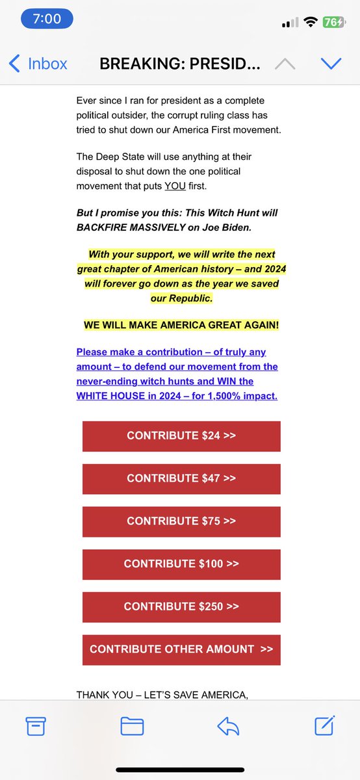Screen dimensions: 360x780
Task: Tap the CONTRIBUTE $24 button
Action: tap(181, 436)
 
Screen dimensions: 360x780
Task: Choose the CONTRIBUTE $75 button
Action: tap(181, 521)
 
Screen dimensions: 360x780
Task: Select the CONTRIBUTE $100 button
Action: tap(181, 564)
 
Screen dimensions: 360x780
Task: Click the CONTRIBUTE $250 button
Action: tap(181, 607)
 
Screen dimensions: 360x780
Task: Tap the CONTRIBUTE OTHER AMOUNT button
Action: tap(181, 649)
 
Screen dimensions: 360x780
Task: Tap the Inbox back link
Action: tap(38, 64)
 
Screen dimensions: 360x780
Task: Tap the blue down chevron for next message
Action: tap(331, 63)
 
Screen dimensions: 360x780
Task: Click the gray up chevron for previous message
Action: tap(284, 63)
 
